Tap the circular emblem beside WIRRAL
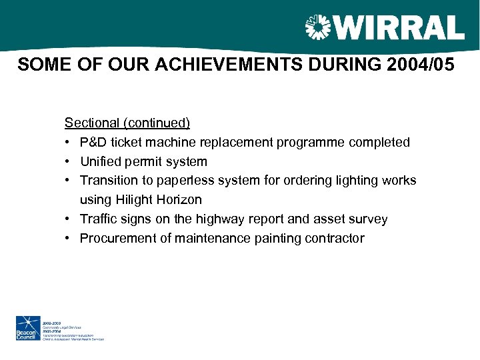317,27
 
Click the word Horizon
179,200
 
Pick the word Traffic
98,219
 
